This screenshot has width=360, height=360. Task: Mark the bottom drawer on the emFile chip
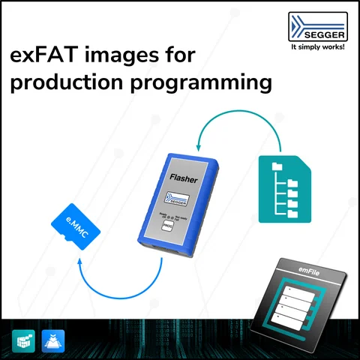click(x=296, y=313)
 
